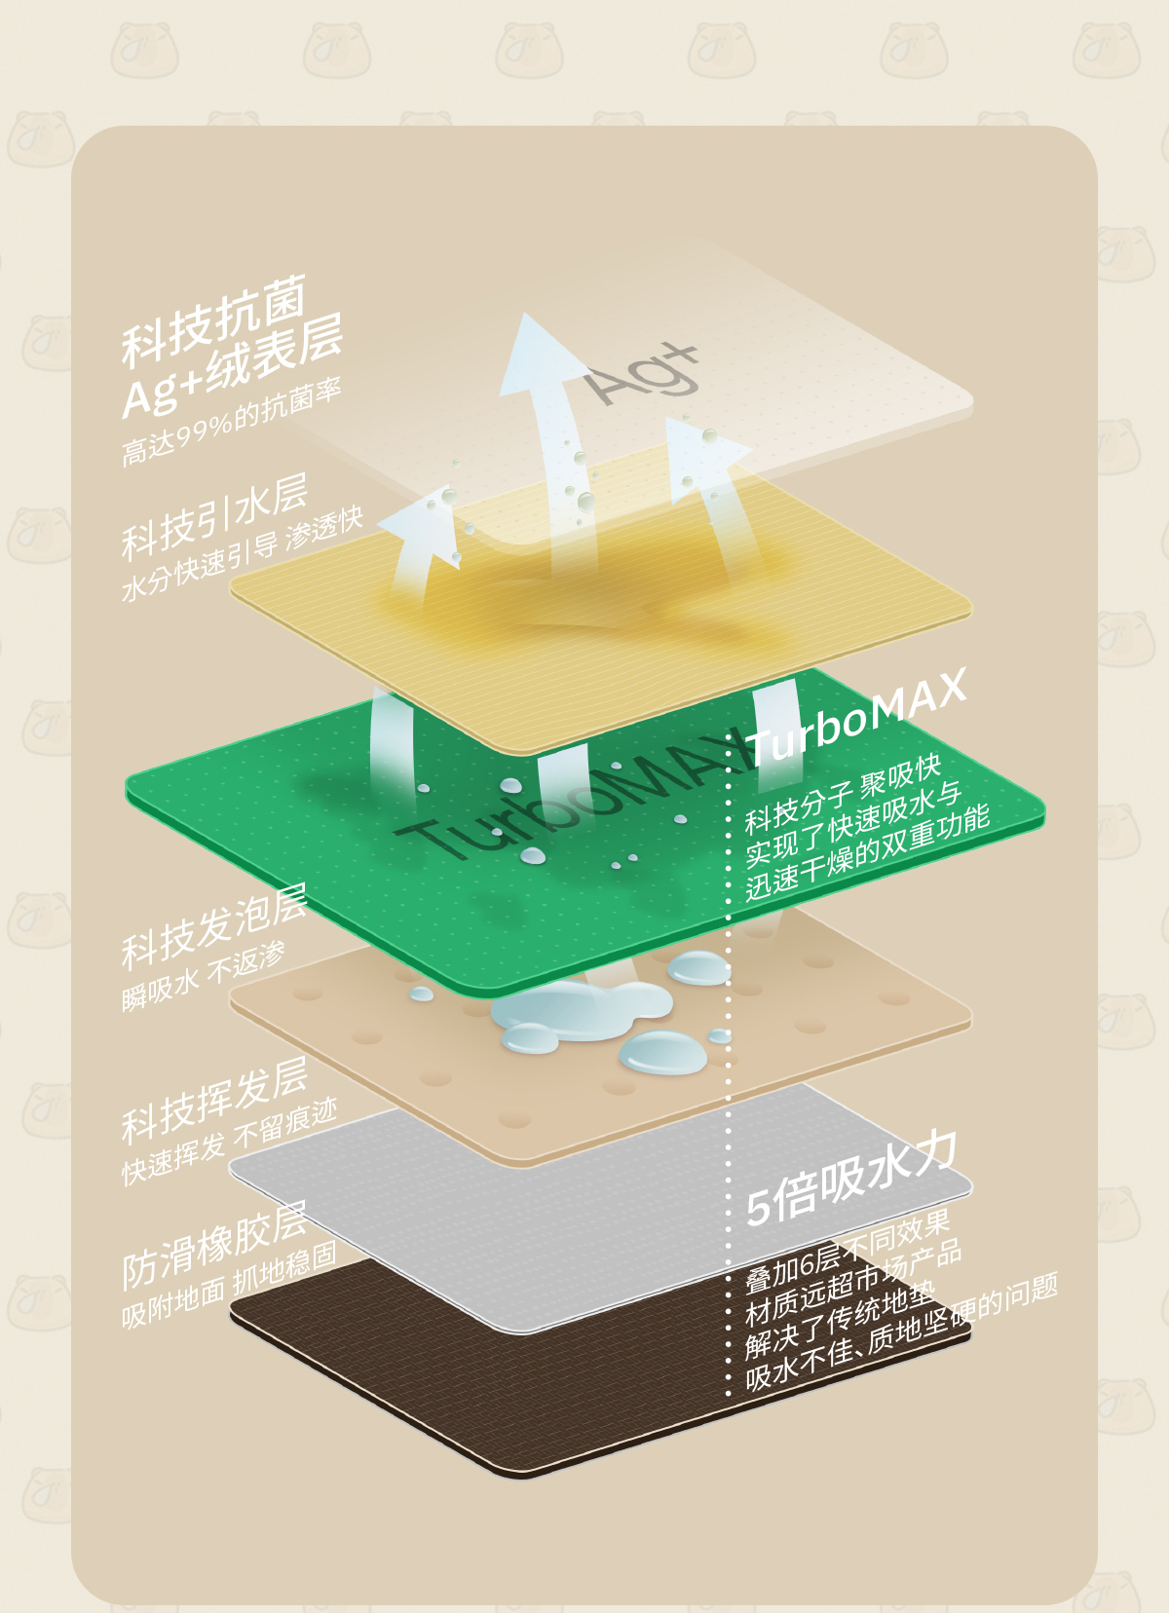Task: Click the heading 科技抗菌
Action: click(x=214, y=321)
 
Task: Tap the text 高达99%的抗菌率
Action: click(x=231, y=421)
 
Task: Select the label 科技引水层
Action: click(x=214, y=517)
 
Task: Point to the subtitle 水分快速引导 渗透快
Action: click(x=242, y=553)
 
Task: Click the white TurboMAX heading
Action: click(x=856, y=716)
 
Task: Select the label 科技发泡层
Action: click(x=214, y=926)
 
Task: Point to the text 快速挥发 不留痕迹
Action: click(x=229, y=1143)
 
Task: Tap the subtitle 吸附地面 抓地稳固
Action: click(x=229, y=1286)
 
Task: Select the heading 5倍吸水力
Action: click(x=851, y=1179)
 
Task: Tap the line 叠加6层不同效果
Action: click(x=848, y=1250)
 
